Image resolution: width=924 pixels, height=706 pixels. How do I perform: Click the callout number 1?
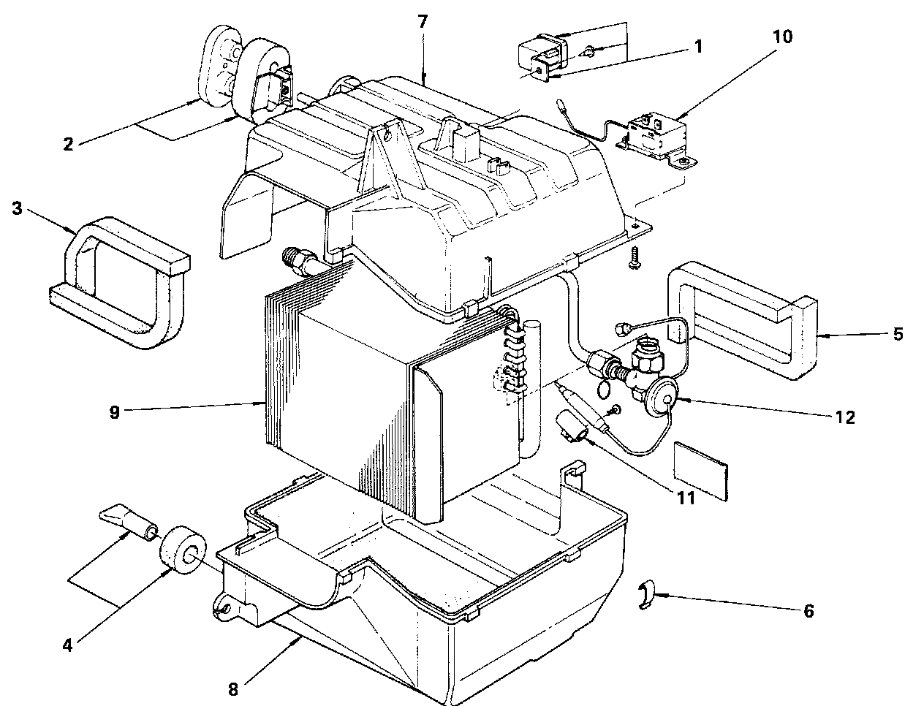pyautogui.click(x=697, y=46)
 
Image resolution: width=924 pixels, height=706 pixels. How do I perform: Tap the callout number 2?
pyautogui.click(x=68, y=143)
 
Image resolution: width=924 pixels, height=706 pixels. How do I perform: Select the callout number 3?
pyautogui.click(x=17, y=208)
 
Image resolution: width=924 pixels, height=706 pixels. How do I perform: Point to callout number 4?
pyautogui.click(x=67, y=645)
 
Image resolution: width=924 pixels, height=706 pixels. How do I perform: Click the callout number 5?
pyautogui.click(x=898, y=334)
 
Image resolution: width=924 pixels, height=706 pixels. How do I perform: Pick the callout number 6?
pyautogui.click(x=808, y=611)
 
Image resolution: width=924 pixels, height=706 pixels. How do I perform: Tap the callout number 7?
pyautogui.click(x=423, y=20)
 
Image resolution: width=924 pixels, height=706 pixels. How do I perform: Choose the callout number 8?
pyautogui.click(x=233, y=688)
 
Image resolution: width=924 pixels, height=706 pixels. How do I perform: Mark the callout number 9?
pyautogui.click(x=114, y=411)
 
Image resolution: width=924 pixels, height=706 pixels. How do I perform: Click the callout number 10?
pyautogui.click(x=782, y=37)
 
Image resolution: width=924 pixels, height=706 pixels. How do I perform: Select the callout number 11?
pyautogui.click(x=686, y=498)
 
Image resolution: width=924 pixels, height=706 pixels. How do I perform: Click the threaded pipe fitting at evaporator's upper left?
pyautogui.click(x=300, y=261)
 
